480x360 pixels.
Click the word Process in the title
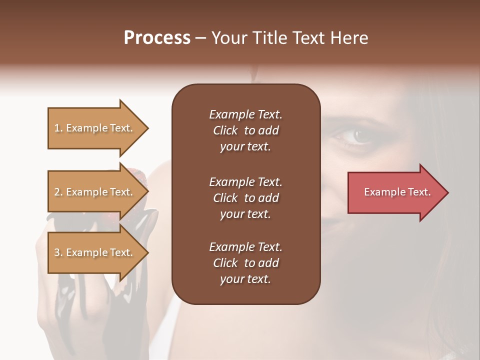pos(157,38)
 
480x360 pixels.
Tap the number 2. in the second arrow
pos(58,192)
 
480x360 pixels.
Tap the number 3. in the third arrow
pos(58,252)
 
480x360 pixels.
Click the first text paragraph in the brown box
pos(245,130)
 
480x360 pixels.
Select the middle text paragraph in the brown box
pos(245,198)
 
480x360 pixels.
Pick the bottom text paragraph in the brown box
pos(245,263)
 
